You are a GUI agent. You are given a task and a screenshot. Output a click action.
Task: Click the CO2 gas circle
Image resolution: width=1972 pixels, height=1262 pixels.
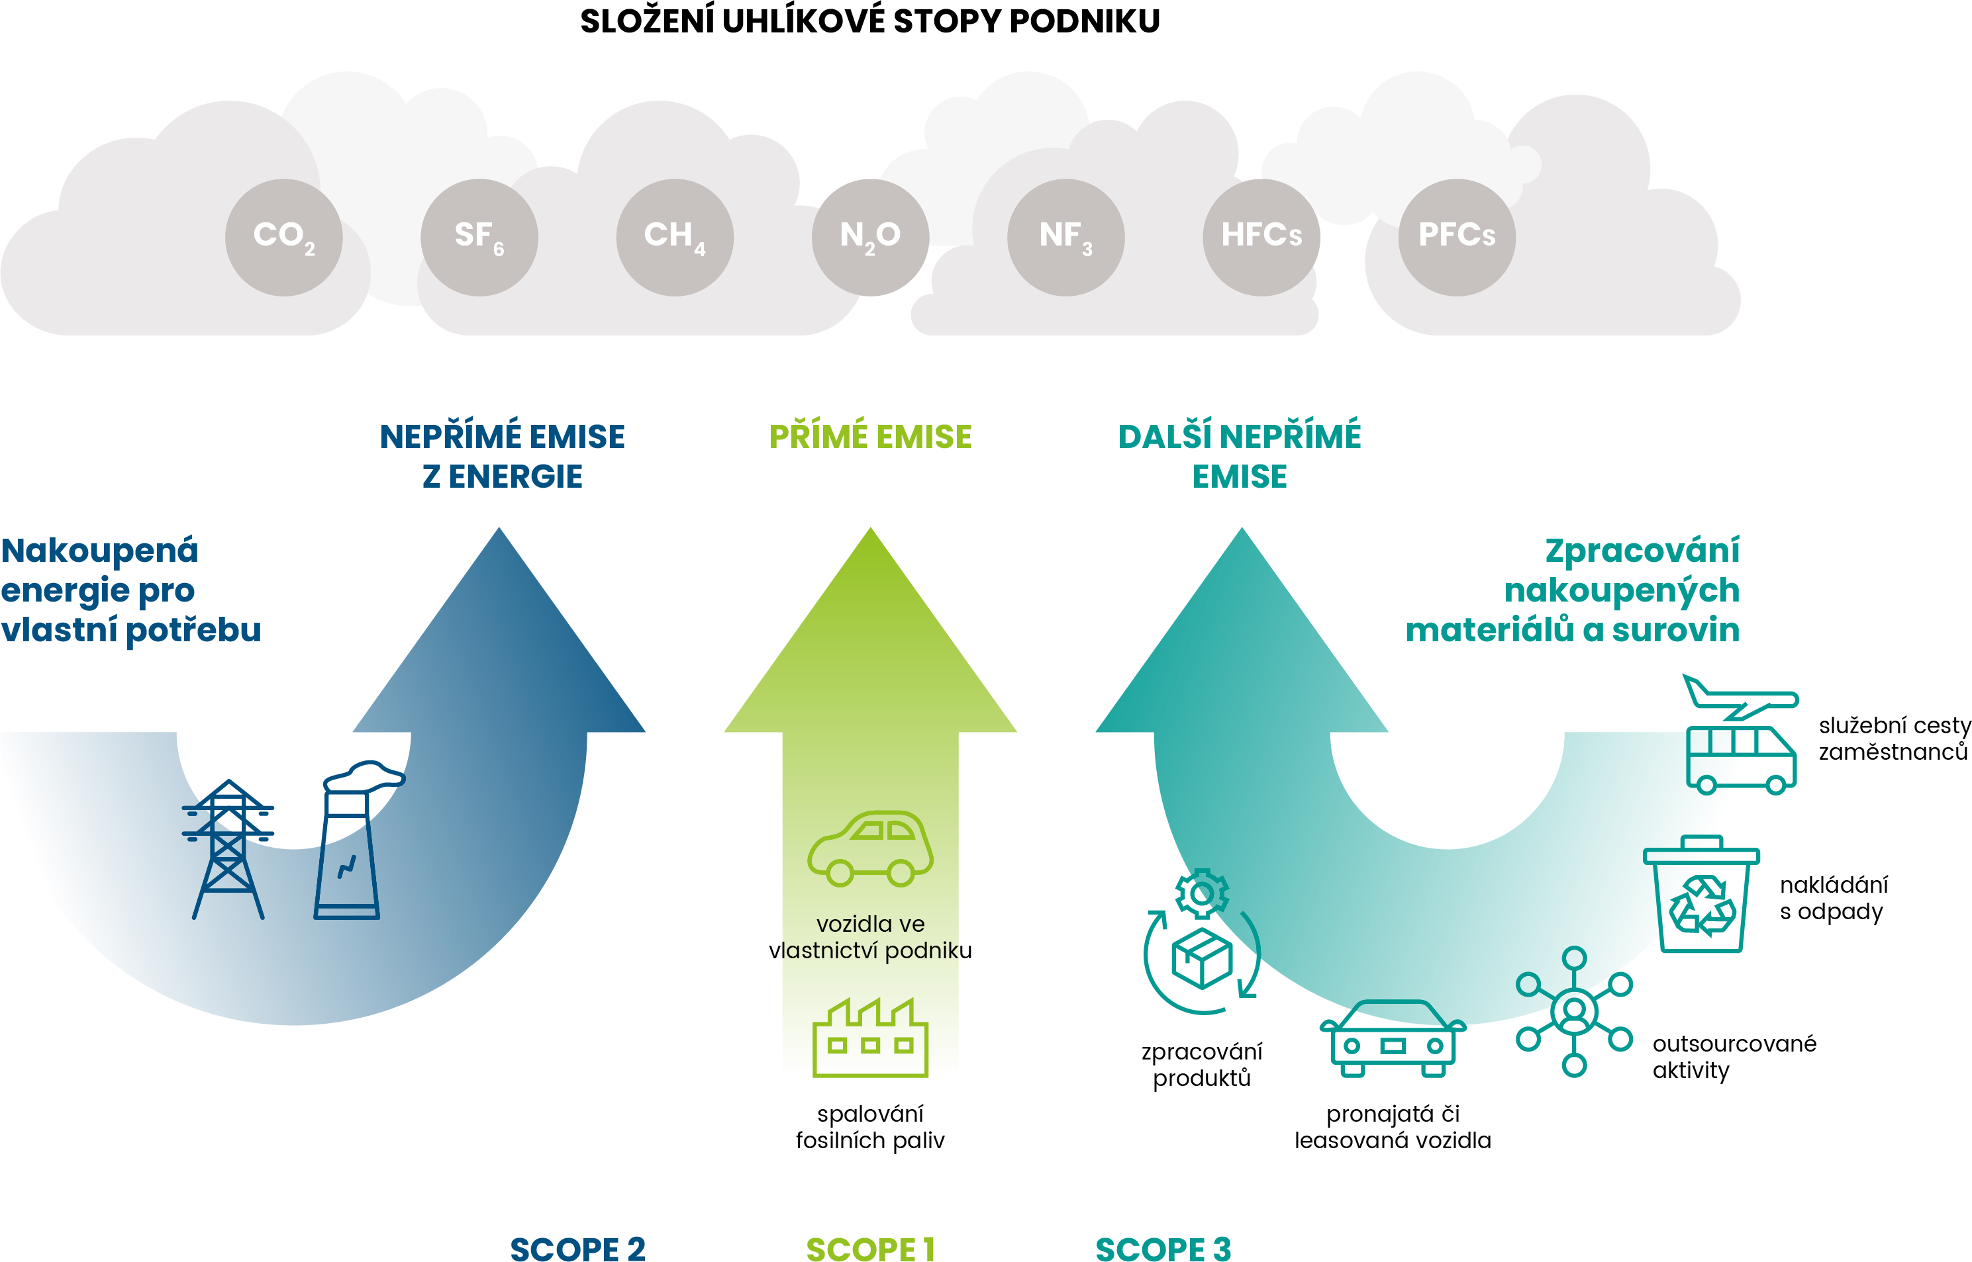point(283,237)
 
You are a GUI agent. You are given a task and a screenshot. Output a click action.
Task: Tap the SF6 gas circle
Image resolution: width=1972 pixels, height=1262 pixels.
point(479,237)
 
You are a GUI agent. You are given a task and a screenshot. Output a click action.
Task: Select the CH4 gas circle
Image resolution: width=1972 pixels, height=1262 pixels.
point(675,237)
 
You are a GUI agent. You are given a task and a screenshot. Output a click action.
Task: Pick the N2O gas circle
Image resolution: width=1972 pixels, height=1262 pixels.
point(870,237)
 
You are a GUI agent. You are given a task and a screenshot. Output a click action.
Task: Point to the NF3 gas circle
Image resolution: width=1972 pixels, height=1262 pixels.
point(1065,237)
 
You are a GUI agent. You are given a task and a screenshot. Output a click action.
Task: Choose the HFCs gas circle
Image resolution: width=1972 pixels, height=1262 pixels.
point(1261,237)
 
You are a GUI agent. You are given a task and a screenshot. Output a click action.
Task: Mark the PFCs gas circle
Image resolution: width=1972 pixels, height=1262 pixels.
point(1456,237)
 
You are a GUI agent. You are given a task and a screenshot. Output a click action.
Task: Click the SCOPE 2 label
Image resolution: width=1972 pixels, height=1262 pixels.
point(577,1248)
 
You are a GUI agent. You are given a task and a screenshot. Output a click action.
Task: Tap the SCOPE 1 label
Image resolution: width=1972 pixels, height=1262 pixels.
point(870,1248)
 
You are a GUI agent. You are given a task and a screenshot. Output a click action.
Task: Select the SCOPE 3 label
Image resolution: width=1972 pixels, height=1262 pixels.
point(1163,1248)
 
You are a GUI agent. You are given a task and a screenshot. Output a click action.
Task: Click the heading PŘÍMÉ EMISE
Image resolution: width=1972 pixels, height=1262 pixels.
point(870,437)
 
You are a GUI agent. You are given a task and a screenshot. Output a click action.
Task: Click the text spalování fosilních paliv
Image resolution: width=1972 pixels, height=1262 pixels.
point(870,1127)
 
